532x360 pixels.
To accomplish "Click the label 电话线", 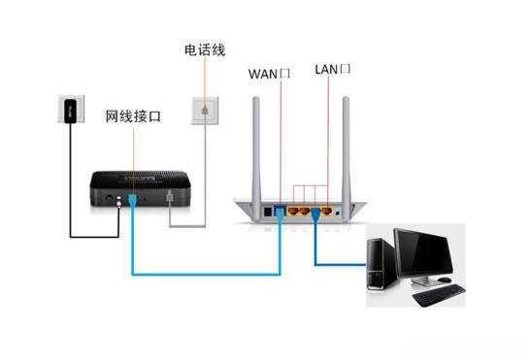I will coord(204,47).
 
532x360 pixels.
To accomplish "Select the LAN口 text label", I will coord(332,70).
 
